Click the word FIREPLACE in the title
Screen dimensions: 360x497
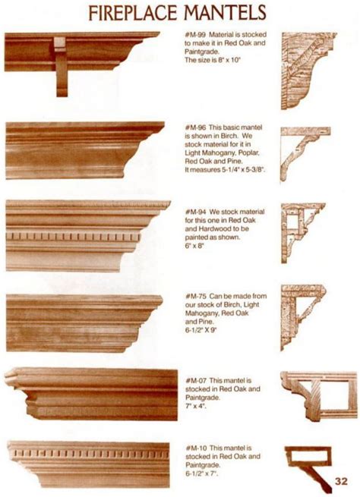tap(133, 13)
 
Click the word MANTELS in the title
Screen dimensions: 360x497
tap(225, 13)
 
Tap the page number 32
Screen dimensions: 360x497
tap(341, 481)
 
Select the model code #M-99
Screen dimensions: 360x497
tap(195, 34)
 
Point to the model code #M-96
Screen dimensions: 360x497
tap(195, 127)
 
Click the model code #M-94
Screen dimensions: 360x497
tap(195, 212)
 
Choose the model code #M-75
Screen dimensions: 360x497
tap(196, 297)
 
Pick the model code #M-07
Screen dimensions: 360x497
tap(196, 380)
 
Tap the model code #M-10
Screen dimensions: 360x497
tap(197, 448)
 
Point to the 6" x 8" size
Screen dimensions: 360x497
tap(194, 246)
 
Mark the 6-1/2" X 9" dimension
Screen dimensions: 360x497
tap(201, 330)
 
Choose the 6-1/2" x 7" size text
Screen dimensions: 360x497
tap(202, 474)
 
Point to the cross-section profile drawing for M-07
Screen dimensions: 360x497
tap(319, 396)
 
